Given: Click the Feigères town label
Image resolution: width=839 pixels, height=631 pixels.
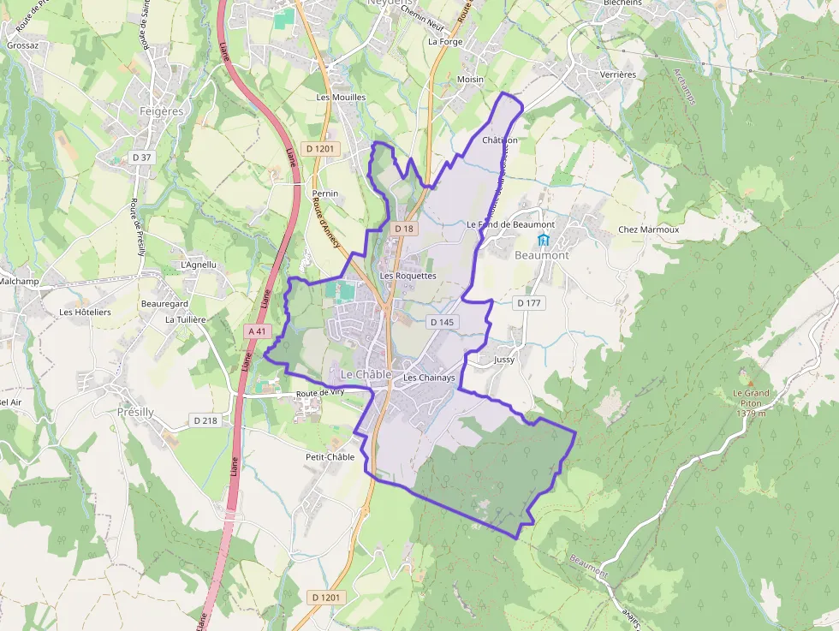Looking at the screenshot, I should pyautogui.click(x=162, y=111).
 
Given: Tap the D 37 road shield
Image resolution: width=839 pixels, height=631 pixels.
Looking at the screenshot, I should pyautogui.click(x=141, y=157).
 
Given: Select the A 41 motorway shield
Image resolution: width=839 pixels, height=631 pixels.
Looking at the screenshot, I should pyautogui.click(x=256, y=330).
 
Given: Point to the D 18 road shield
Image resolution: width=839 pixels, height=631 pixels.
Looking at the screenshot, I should pyautogui.click(x=404, y=229).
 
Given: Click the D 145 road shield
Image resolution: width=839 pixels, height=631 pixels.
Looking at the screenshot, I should pyautogui.click(x=441, y=322).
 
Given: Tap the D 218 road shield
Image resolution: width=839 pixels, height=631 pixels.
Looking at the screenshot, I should pyautogui.click(x=206, y=420).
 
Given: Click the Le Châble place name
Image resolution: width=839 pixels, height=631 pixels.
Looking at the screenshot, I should pyautogui.click(x=366, y=375).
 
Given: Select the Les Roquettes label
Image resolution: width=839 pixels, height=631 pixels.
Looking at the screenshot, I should pyautogui.click(x=408, y=277).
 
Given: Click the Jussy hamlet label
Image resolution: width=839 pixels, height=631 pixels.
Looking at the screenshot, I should pyautogui.click(x=504, y=360).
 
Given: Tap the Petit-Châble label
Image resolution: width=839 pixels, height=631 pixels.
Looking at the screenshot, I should pyautogui.click(x=330, y=457).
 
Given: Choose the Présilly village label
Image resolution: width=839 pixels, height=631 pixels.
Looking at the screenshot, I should pyautogui.click(x=135, y=412).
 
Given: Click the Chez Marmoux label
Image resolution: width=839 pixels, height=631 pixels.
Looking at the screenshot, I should pyautogui.click(x=648, y=229).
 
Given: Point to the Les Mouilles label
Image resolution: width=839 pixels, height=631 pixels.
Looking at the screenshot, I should pyautogui.click(x=341, y=98).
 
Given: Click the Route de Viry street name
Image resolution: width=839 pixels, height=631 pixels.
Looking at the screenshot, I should pyautogui.click(x=318, y=393).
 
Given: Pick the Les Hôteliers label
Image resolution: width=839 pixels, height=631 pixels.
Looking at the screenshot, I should pyautogui.click(x=85, y=313).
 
